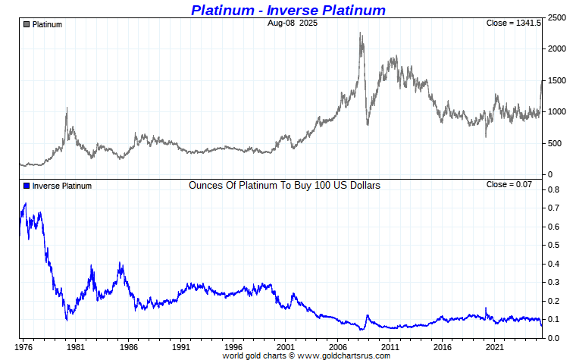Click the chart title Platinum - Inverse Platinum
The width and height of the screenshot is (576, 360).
coord(288,10)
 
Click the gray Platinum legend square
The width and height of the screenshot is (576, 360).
coord(27,24)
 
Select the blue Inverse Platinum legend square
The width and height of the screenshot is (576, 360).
coord(27,186)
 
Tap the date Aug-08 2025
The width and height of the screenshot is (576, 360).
coord(293,23)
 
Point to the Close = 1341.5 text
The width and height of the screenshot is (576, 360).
coord(513,23)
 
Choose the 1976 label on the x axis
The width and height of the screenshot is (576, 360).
coord(23,347)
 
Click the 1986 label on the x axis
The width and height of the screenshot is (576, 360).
coord(127,347)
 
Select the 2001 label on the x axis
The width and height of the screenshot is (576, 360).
coord(285,347)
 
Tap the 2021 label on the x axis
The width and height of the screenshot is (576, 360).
coord(495,347)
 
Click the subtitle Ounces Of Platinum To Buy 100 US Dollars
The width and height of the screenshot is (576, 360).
coord(284,185)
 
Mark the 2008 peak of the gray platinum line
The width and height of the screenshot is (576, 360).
coord(360,33)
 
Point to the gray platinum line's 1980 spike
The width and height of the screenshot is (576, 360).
coord(67,108)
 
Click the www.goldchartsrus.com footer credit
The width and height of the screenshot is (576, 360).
coord(349,355)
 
